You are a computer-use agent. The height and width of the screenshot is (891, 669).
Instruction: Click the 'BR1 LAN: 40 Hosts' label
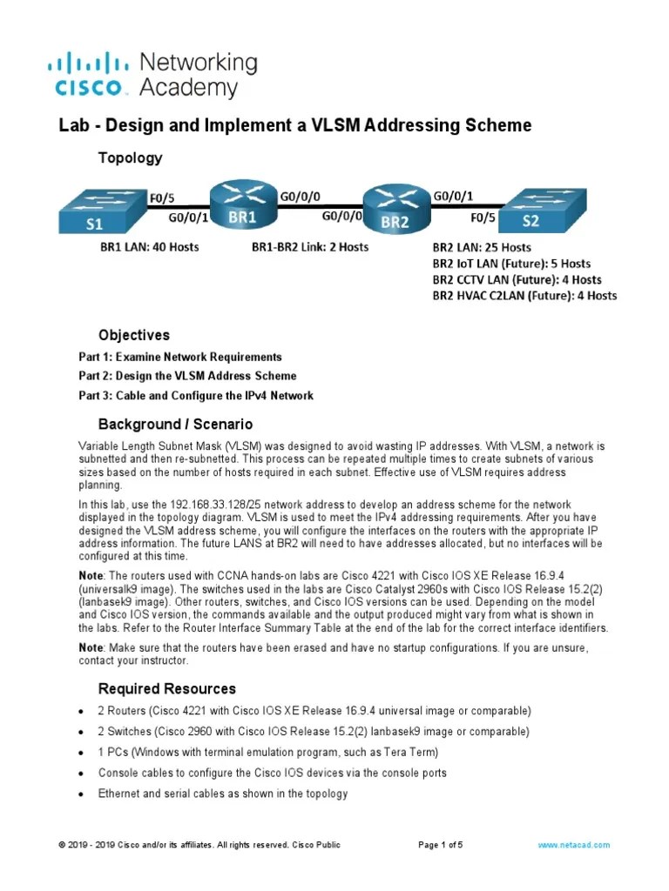[149, 247]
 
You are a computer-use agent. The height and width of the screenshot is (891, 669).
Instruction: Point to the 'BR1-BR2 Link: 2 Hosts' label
[309, 247]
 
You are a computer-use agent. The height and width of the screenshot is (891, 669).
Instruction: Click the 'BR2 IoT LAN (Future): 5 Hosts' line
[511, 263]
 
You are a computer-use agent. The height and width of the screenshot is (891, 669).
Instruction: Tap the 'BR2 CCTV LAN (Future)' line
[517, 279]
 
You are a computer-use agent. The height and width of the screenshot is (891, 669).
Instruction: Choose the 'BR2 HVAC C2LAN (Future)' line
[524, 296]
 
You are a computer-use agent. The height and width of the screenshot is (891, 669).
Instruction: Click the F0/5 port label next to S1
[164, 197]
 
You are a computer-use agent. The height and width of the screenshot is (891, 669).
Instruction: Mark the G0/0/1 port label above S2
[453, 197]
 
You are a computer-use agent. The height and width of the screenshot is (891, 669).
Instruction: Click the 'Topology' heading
[130, 157]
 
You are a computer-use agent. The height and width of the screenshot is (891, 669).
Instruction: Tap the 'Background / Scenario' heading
[175, 425]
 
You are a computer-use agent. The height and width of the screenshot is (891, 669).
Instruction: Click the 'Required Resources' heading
[166, 689]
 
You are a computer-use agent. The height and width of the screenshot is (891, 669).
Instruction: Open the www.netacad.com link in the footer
[573, 845]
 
